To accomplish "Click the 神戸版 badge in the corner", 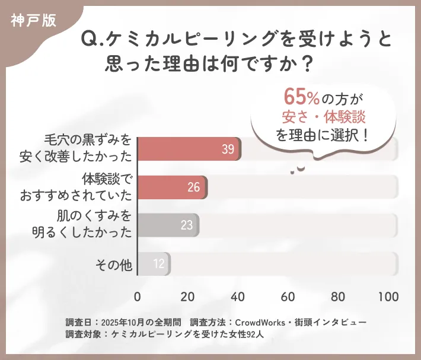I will (33, 20).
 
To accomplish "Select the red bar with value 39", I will (189, 149).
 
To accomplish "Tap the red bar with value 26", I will (172, 187).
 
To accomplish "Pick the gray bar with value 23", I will (168, 225).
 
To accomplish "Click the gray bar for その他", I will (154, 263).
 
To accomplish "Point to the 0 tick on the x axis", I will (138, 297).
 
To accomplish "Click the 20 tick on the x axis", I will (188, 297).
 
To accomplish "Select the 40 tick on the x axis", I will (238, 297).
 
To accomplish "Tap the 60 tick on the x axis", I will (288, 297).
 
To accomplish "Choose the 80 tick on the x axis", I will (338, 297).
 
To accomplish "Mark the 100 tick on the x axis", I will (388, 297).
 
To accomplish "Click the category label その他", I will (114, 264).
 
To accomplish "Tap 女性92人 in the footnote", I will (253, 334).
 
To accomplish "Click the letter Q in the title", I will (88, 39).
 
